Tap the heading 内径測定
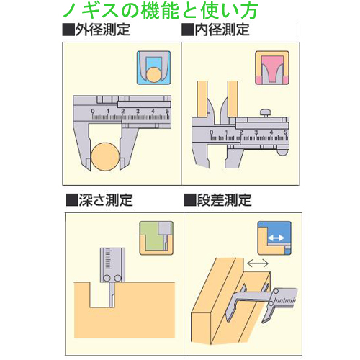pyautogui.click(x=222, y=30)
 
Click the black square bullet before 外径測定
pyautogui.click(x=68, y=30)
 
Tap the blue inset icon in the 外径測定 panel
pyautogui.click(x=152, y=68)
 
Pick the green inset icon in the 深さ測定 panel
pyautogui.click(x=155, y=237)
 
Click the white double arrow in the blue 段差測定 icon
pyautogui.click(x=274, y=237)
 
